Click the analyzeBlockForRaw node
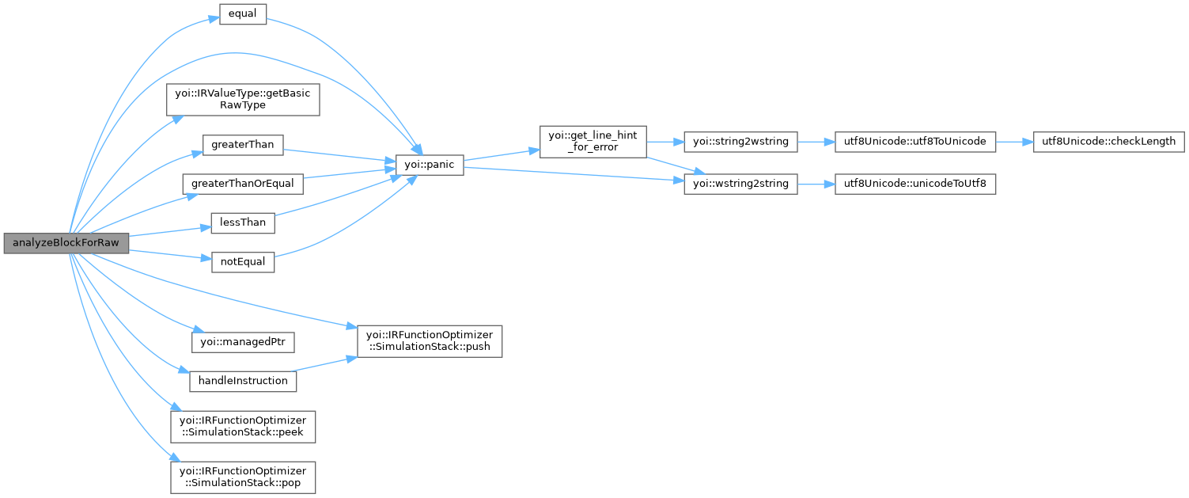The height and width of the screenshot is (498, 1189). tap(66, 243)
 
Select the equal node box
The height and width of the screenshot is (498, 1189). tap(242, 15)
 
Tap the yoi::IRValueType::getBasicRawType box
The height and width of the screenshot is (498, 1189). tap(242, 99)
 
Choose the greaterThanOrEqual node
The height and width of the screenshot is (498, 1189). tap(242, 184)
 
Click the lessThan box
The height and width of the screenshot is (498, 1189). tap(242, 222)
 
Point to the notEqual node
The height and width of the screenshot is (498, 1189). tap(242, 261)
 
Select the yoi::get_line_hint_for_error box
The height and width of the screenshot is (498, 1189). tap(593, 142)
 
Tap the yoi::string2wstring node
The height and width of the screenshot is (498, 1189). tap(740, 142)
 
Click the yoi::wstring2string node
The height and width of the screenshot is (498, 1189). tap(740, 184)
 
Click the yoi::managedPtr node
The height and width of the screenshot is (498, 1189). tap(243, 342)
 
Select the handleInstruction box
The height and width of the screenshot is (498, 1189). tap(243, 381)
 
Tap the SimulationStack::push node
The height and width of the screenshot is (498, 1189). tap(430, 340)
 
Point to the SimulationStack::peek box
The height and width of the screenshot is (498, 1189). tap(243, 426)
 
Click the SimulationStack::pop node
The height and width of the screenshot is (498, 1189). tap(243, 477)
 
